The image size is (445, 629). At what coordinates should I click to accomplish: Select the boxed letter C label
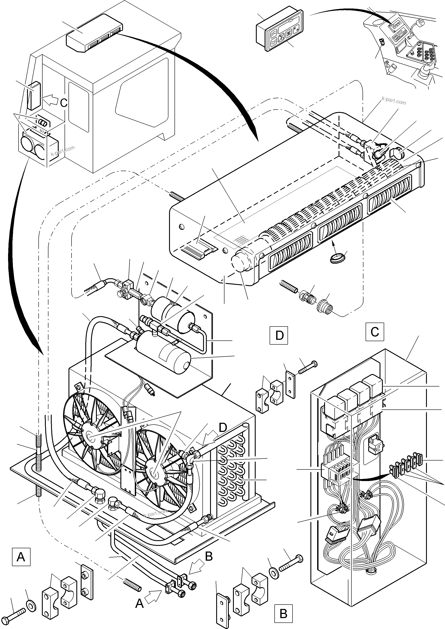point(374,332)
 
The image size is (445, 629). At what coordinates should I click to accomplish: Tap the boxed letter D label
point(279,335)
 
